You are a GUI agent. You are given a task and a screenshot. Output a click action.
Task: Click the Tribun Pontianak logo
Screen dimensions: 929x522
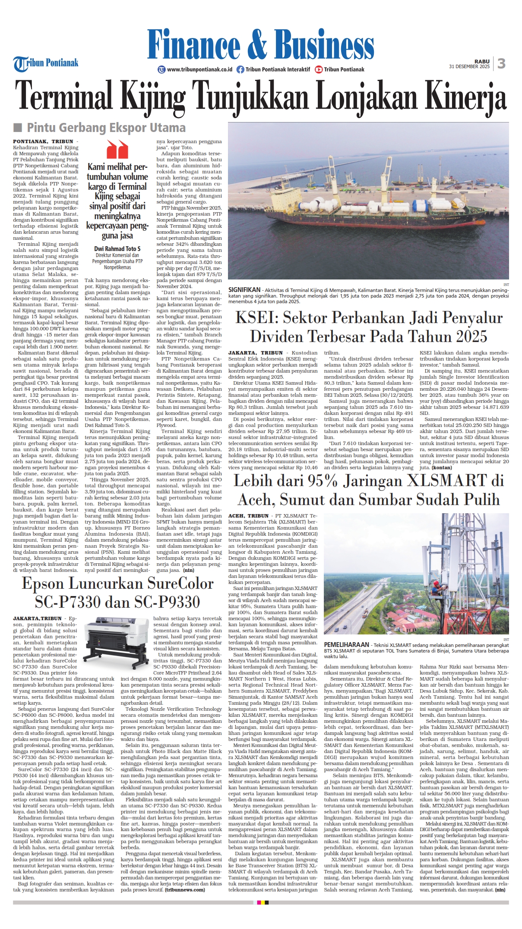point(46,63)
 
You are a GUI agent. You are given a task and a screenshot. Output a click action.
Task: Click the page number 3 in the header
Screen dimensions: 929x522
point(501,63)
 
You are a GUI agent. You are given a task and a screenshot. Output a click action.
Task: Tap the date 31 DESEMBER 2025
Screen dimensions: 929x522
point(469,67)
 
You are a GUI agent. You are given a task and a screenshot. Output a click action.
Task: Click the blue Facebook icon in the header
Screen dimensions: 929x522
point(240,69)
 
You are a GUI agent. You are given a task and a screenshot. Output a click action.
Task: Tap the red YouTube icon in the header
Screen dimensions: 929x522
point(319,69)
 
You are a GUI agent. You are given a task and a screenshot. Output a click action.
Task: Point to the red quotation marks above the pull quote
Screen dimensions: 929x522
point(117,149)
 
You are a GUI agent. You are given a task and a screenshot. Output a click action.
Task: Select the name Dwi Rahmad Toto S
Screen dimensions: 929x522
point(117,249)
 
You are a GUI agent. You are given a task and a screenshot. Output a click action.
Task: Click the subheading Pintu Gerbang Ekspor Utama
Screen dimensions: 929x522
point(106,128)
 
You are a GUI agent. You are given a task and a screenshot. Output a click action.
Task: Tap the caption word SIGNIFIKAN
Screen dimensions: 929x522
point(244,290)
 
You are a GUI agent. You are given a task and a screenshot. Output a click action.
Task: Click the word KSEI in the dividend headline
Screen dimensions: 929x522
point(256,318)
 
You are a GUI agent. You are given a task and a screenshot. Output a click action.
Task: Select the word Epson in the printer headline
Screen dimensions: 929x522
point(45,584)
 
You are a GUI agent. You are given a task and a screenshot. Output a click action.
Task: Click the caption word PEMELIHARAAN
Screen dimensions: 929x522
point(346,644)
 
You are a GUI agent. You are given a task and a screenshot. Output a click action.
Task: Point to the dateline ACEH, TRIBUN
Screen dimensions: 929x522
point(248,516)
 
